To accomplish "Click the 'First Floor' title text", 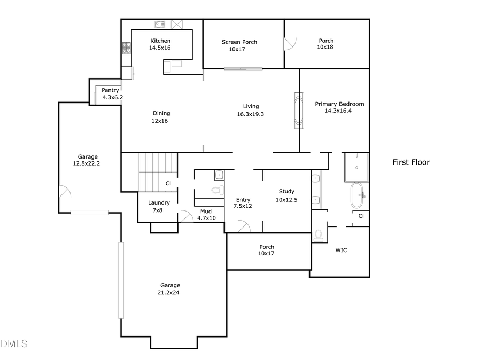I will (411, 162).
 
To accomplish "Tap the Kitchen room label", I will (160, 41).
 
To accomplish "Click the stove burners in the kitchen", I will (127, 49).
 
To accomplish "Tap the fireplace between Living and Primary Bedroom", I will (299, 111).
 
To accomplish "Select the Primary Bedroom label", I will (339, 104).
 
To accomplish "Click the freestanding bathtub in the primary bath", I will (357, 196).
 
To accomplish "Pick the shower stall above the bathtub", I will (356, 167).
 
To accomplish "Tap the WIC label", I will (341, 250).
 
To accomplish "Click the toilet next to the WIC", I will (319, 235).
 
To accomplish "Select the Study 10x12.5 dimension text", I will (286, 200).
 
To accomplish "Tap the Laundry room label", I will (159, 202).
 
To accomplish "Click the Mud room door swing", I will (186, 216).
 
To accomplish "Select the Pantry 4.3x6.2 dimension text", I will (113, 97).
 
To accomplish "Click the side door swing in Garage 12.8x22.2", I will (63, 192).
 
